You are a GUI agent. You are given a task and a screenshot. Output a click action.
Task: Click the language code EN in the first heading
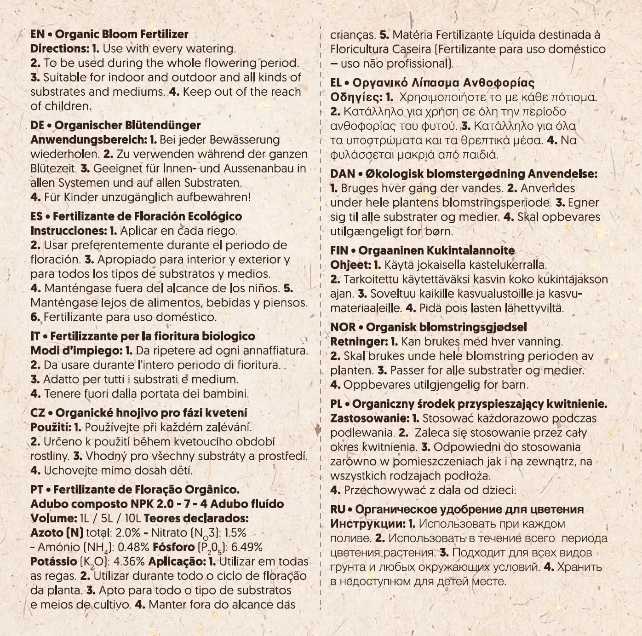pos(37,35)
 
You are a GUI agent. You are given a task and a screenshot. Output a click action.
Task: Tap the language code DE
pos(37,125)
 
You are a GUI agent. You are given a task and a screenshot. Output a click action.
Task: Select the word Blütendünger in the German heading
pos(163,125)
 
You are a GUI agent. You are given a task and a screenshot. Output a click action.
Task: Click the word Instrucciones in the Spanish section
pos(68,231)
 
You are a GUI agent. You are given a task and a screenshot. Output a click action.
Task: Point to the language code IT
pos(35,336)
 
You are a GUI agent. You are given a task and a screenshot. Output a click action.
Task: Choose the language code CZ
pos(38,413)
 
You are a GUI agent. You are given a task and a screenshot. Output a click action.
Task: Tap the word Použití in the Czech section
pos(50,427)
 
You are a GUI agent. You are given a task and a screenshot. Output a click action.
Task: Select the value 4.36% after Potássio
pos(129,561)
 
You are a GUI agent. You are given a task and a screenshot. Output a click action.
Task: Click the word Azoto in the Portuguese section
pos(47,533)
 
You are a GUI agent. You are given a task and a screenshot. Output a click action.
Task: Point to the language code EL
pos(336,83)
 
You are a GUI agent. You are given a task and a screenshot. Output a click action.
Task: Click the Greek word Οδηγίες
pos(356,98)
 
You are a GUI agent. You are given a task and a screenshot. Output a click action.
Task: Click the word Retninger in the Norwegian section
pos(359,341)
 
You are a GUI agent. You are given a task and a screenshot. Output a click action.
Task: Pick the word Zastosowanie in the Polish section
pos(369,418)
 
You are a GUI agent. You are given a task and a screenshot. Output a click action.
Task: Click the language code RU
pos(338,509)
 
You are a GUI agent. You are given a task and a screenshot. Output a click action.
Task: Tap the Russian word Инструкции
pos(368,524)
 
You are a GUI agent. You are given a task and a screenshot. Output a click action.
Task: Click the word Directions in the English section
pos(58,49)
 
